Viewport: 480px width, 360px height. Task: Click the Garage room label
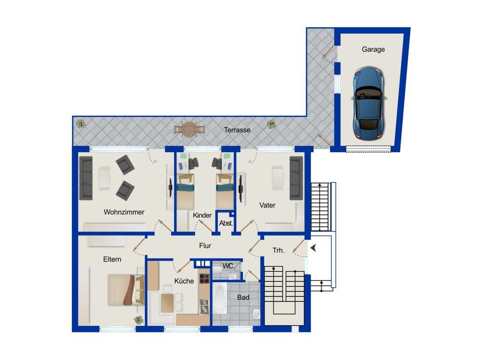373,50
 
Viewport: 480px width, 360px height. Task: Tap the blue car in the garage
369,103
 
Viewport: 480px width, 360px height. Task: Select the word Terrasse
237,130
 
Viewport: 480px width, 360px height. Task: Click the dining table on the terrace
189,129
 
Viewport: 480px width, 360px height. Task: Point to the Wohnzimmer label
124,212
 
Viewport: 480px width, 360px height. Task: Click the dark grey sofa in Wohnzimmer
86,178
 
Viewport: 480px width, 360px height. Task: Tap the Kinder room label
202,215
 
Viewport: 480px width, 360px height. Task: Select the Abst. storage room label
226,223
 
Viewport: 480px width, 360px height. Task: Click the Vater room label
267,205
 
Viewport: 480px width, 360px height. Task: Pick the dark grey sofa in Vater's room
296,178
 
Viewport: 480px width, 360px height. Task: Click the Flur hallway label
205,246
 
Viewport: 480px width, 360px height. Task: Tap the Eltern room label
112,259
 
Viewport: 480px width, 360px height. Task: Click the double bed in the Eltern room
126,290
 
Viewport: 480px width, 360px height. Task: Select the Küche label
184,281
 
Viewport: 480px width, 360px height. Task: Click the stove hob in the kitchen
204,279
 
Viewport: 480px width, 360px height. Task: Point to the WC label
228,266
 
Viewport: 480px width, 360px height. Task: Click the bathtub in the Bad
220,298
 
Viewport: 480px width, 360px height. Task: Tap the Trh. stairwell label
278,251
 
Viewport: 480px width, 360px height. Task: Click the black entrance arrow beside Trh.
313,248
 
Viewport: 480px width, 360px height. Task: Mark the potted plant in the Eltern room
138,320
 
